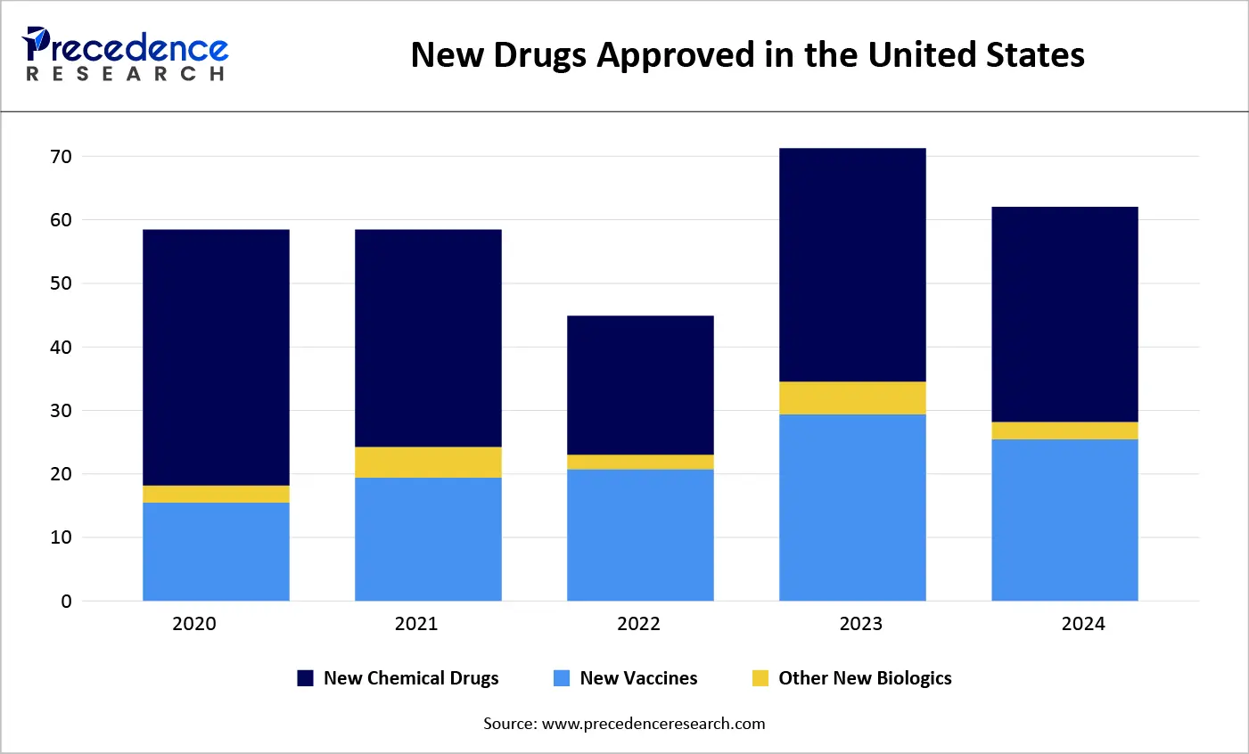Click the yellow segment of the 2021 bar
point(428,463)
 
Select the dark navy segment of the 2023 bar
point(852,265)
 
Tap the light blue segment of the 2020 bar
point(216,552)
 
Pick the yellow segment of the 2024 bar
point(1064,430)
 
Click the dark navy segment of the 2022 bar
point(640,385)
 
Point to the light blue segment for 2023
point(852,507)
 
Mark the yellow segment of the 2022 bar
point(640,462)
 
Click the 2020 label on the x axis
point(194,624)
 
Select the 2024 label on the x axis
point(1082,624)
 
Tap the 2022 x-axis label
point(638,624)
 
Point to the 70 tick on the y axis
point(61,157)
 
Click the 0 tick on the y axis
point(66,602)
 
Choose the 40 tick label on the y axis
point(61,348)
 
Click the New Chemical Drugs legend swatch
point(306,678)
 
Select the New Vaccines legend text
point(638,678)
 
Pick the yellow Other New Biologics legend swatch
point(760,678)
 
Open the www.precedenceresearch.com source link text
point(653,724)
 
